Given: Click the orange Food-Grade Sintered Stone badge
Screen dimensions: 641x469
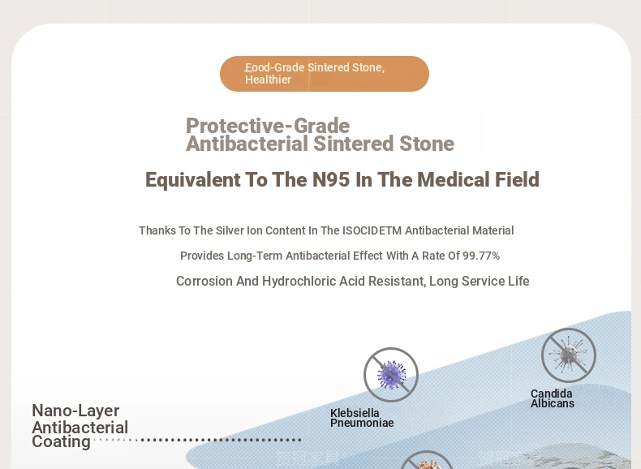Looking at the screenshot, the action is point(325,74).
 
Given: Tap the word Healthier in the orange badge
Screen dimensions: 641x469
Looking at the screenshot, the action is point(268,80).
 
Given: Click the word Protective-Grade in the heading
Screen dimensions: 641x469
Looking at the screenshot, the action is point(268,126).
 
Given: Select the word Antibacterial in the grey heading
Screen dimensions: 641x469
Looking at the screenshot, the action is point(247,144).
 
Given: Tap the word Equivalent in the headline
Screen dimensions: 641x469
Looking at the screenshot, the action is point(193,180).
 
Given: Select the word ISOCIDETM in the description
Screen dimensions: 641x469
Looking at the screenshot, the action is point(372,230).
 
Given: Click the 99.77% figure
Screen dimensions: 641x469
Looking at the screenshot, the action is point(481,256).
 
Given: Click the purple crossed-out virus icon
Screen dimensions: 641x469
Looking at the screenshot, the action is point(391,375).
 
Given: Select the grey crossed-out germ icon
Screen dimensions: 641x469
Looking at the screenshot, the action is point(569,355).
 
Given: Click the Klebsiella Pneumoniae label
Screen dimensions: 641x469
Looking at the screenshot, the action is point(362,418).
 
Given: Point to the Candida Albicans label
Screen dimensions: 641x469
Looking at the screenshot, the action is point(553,398).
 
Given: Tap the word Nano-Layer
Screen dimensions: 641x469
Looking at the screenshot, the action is point(75,411).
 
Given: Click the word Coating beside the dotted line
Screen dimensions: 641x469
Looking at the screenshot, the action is point(61,441).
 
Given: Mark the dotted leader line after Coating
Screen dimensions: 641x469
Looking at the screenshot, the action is point(197,440).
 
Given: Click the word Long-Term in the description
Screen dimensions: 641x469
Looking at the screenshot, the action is point(255,256).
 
